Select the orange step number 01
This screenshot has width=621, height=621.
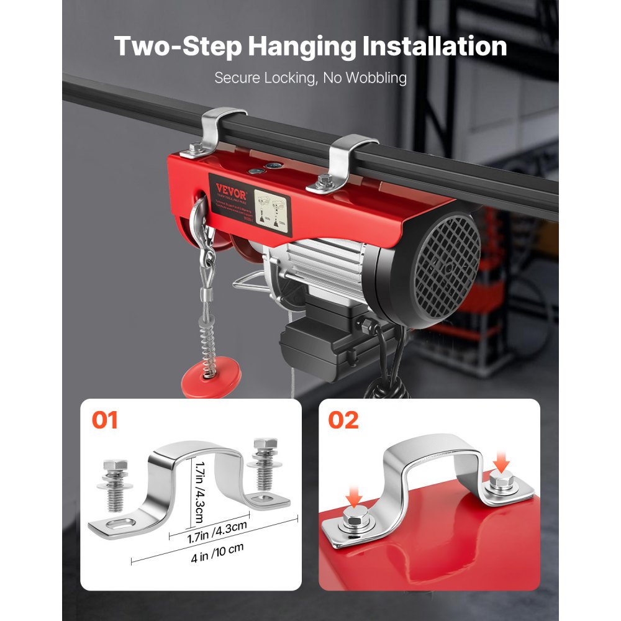coord(105,420)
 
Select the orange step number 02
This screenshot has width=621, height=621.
coord(343,420)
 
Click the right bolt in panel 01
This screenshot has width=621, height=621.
coord(262,463)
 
